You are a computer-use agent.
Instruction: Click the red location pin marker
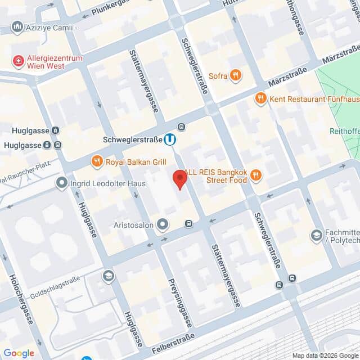coord(179,179)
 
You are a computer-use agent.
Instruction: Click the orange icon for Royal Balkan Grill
coord(97,162)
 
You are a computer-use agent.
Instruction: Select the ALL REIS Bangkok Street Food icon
coord(256,175)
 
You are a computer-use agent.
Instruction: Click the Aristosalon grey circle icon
coord(163,226)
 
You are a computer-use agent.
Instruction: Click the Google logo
coord(18,353)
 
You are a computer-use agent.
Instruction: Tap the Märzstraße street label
coord(341,59)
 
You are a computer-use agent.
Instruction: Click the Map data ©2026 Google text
coord(325,355)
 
